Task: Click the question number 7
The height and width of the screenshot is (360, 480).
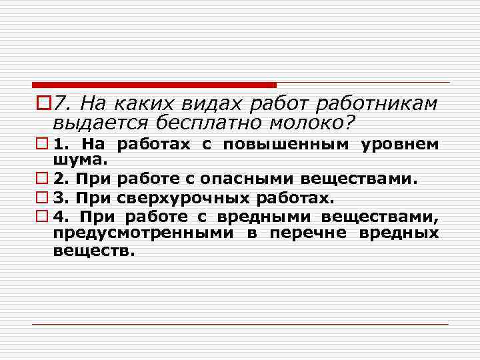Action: pos(62,103)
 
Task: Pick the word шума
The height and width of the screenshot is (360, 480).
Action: pos(77,159)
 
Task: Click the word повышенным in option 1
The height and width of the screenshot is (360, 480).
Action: pos(287,145)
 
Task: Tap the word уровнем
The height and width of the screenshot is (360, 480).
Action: pos(400,145)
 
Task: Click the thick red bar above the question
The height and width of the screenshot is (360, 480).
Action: pos(153,85)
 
